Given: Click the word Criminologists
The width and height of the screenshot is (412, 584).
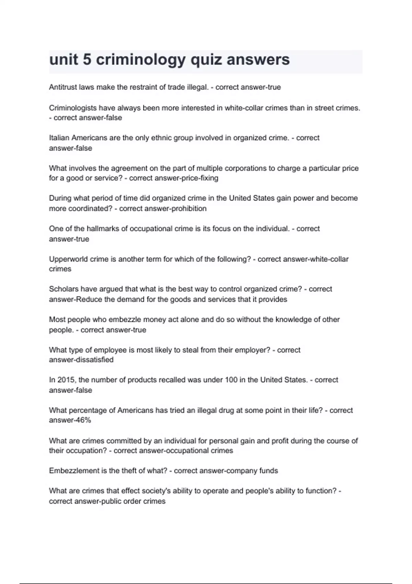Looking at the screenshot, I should (73, 108).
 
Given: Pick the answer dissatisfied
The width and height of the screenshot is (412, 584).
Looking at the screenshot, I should (91, 360).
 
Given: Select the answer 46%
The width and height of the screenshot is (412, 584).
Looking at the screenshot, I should (81, 420).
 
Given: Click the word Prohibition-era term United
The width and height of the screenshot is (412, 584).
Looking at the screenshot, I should (240, 198).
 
